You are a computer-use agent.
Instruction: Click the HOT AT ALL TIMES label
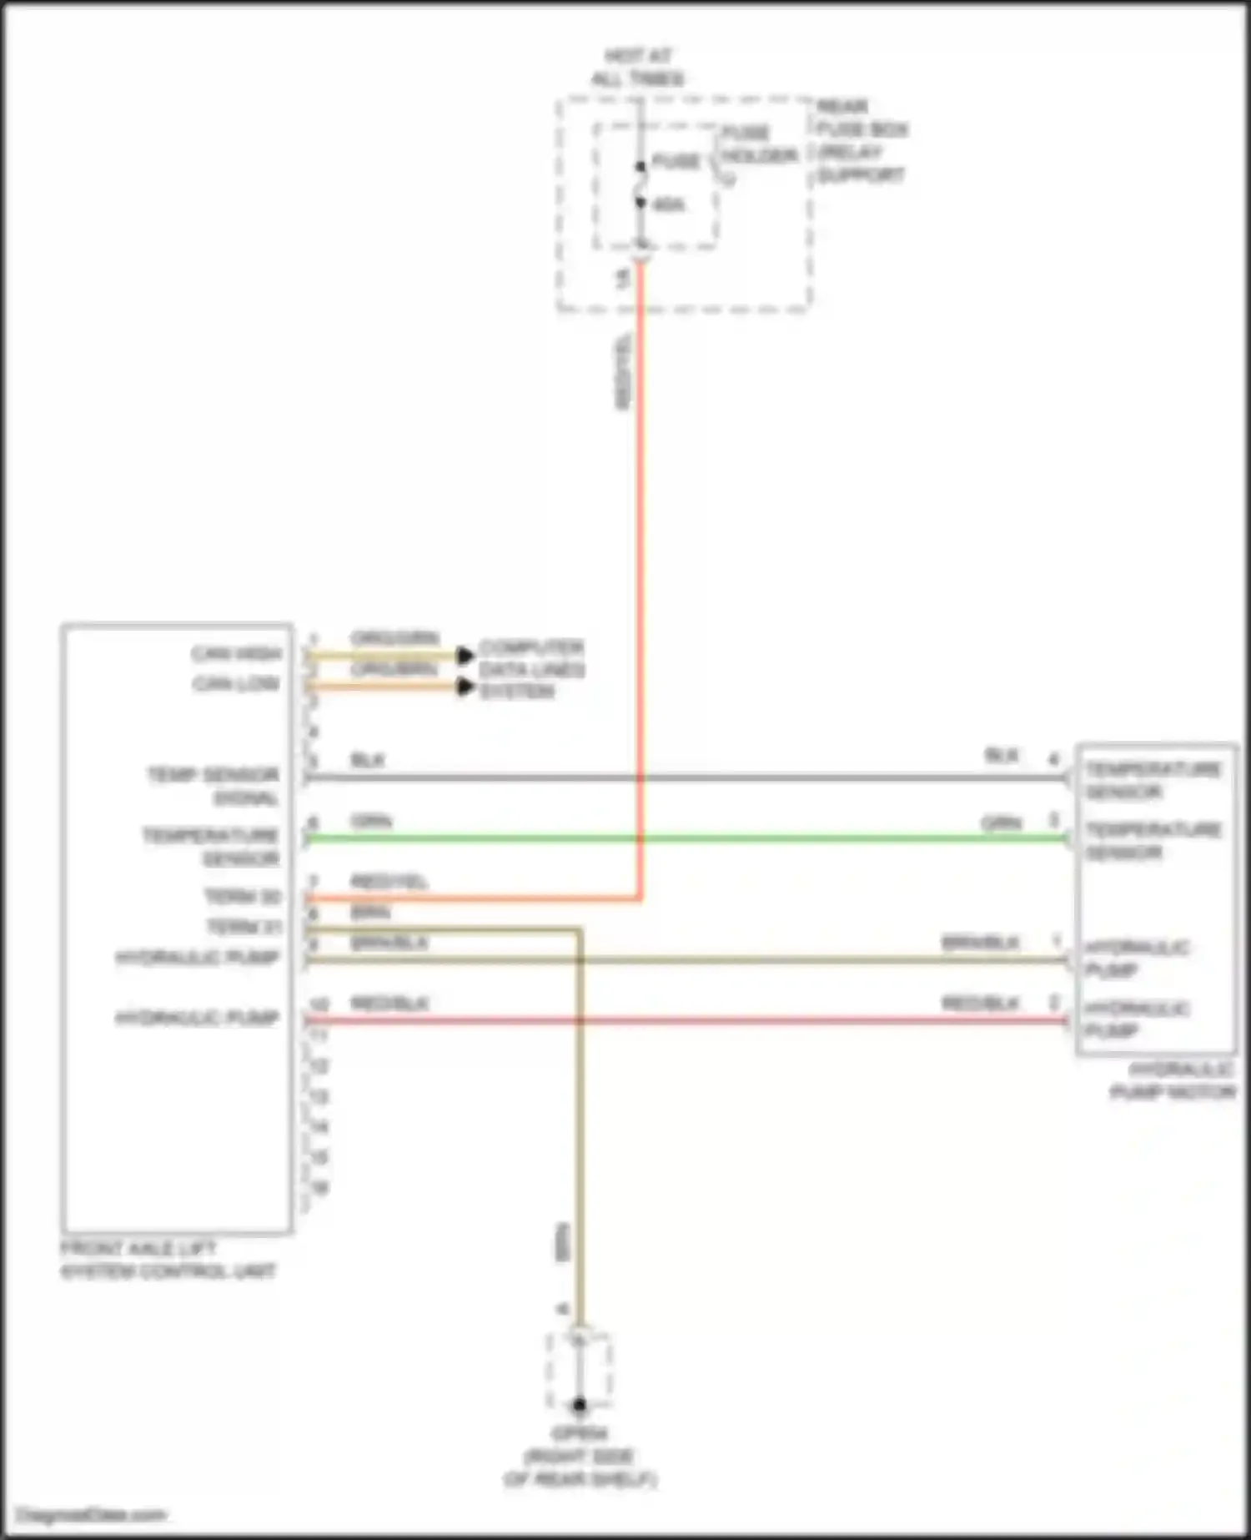click(638, 68)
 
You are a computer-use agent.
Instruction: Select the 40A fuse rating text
click(668, 204)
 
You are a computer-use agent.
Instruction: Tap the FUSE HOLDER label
click(758, 144)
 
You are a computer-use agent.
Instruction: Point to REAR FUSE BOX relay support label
click(862, 140)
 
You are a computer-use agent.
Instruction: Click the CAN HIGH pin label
click(237, 653)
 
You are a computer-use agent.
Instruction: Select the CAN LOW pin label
click(237, 684)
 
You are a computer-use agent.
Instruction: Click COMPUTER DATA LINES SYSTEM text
click(531, 669)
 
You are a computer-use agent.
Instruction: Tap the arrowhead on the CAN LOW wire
click(465, 687)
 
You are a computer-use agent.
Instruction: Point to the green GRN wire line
click(684, 838)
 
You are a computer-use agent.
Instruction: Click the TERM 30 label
click(243, 897)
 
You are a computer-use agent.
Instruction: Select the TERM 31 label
click(244, 927)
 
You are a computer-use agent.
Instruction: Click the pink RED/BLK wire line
click(684, 1020)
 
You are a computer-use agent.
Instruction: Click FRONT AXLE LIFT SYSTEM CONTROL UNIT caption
click(168, 1260)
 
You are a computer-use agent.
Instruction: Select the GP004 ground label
click(580, 1433)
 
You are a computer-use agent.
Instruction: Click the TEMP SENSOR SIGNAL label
click(214, 786)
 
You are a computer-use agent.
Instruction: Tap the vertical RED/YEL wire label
click(622, 372)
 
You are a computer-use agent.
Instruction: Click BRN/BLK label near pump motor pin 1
click(980, 943)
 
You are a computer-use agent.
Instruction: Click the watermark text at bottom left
click(92, 1514)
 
